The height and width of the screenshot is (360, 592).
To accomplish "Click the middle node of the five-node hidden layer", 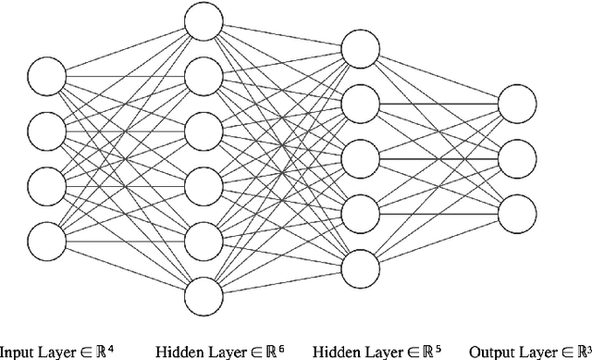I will click(360, 157).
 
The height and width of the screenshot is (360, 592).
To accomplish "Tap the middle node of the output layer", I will click(517, 157).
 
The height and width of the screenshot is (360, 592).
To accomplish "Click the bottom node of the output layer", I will click(517, 213).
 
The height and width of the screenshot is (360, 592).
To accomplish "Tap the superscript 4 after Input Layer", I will click(111, 348).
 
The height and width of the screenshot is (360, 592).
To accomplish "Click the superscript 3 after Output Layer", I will click(587, 348).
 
